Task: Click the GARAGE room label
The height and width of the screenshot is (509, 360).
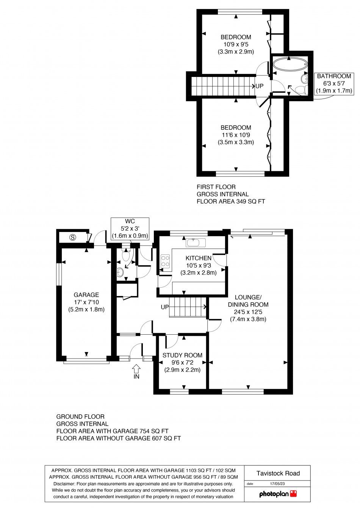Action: (86, 294)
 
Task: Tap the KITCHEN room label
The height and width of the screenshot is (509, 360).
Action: (198, 258)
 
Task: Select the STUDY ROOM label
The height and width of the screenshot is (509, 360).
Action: (182, 355)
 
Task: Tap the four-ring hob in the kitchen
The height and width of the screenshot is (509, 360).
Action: (166, 261)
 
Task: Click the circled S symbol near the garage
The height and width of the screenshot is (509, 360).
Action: (73, 238)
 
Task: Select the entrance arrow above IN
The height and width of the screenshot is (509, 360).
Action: (136, 368)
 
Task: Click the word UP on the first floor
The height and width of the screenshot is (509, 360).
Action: (259, 86)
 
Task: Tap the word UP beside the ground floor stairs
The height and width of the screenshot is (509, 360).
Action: (165, 307)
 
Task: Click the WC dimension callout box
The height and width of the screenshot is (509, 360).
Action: (130, 228)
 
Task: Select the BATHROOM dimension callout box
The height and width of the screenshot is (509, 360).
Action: (334, 83)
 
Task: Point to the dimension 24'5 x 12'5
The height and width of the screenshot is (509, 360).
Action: (248, 312)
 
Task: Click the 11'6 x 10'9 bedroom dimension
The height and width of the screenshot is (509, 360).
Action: (236, 135)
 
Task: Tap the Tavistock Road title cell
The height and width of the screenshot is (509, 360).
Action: (278, 473)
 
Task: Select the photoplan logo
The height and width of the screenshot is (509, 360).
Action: (277, 493)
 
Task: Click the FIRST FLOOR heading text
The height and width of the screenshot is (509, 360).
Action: (216, 187)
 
